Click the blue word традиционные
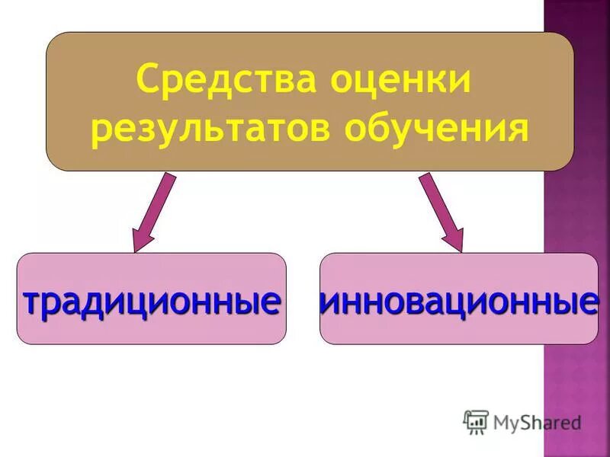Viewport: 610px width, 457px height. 151,302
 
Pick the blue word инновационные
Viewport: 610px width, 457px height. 458,302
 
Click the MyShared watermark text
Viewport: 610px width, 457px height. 537,421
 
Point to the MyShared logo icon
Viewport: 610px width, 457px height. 476,421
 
